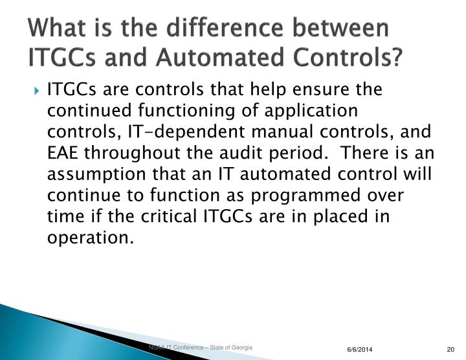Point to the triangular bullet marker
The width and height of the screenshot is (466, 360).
38,89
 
